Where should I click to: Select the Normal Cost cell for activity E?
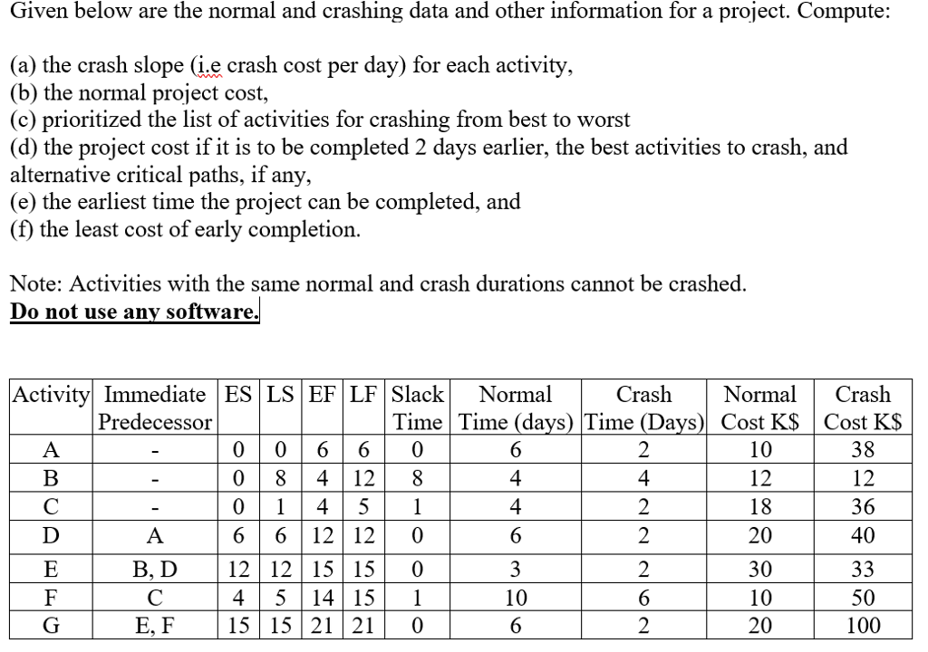coord(760,570)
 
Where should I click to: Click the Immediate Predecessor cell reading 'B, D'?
coord(155,570)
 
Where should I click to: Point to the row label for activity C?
coord(51,507)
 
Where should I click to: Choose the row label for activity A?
coord(51,448)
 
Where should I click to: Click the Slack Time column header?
coord(419,407)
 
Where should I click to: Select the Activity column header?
coord(51,395)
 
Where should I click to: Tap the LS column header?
coord(280,395)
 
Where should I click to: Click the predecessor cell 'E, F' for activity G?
coord(155,625)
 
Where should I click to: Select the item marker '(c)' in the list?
coord(25,120)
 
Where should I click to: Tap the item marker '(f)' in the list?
coord(24,229)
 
